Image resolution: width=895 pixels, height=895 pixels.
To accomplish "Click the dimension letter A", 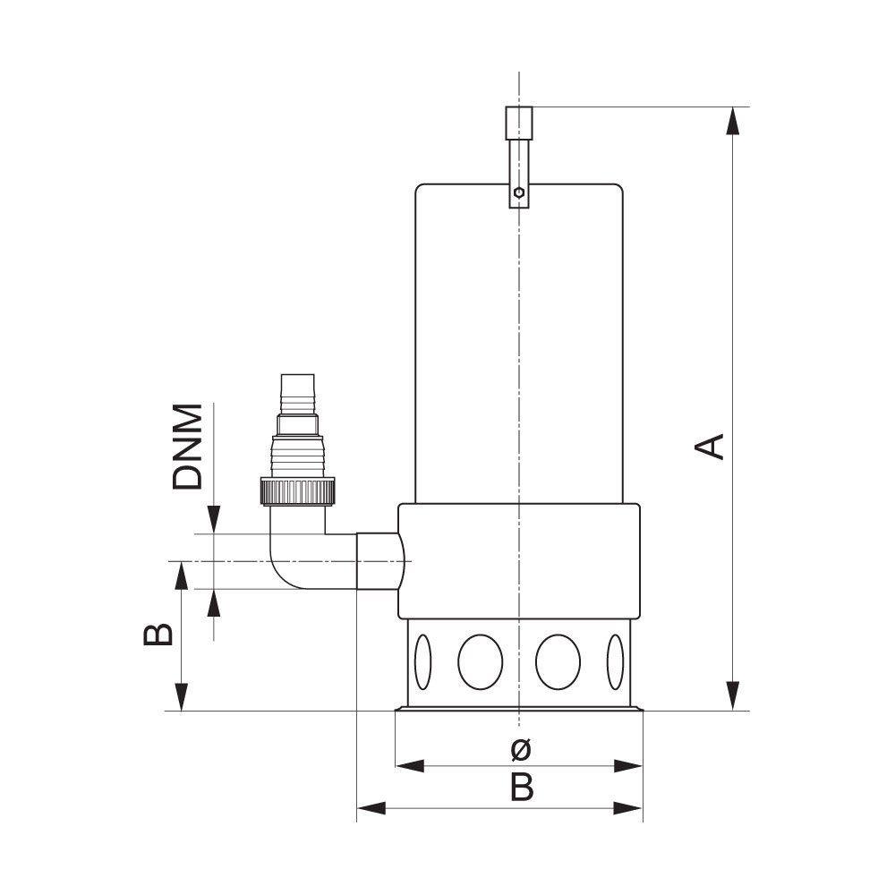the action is point(710,447).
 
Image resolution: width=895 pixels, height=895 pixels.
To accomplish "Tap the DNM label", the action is point(188,447).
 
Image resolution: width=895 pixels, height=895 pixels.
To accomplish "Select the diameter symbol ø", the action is point(521,749).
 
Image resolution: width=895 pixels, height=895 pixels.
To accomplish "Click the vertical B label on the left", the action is point(158,635).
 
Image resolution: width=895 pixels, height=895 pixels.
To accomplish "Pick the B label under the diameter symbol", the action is point(522,788).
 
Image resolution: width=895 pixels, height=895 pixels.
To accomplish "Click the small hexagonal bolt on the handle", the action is point(518,192).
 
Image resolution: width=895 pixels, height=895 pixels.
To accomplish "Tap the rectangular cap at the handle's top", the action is point(519,123).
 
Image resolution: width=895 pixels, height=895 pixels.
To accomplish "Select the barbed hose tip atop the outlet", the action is point(297,394).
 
